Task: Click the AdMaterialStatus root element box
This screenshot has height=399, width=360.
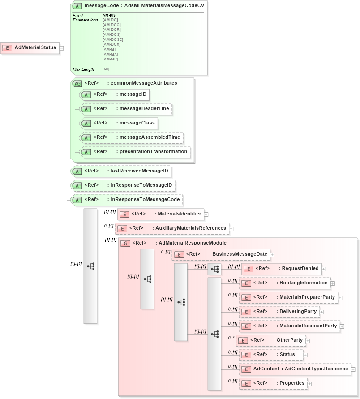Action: pyautogui.click(x=30, y=47)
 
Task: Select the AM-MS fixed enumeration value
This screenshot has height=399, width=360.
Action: pyautogui.click(x=109, y=15)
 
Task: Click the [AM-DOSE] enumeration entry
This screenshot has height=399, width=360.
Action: pyautogui.click(x=112, y=39)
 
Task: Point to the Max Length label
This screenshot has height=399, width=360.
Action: pyautogui.click(x=83, y=69)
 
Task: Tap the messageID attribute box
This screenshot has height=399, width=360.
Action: pyautogui.click(x=114, y=94)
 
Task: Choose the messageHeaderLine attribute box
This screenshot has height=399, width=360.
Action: pyautogui.click(x=126, y=109)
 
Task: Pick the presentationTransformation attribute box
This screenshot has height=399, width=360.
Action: pyautogui.click(x=135, y=152)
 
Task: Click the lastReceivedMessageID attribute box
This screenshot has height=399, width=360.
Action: pyautogui.click(x=122, y=171)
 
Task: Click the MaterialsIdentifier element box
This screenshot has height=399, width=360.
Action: pyautogui.click(x=160, y=214)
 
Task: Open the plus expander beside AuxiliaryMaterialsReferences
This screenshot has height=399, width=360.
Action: pyautogui.click(x=231, y=229)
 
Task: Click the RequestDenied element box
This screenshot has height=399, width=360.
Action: pyautogui.click(x=281, y=269)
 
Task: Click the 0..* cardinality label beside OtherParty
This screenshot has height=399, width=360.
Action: pyautogui.click(x=231, y=338)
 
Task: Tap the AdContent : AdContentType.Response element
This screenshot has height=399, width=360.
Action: pyautogui.click(x=295, y=369)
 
